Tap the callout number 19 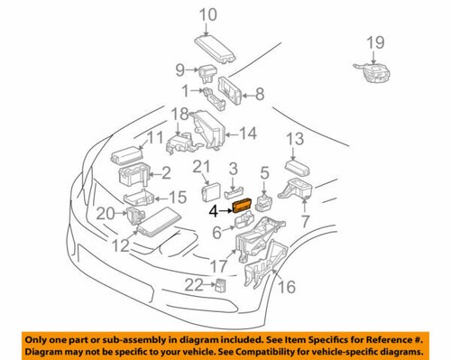pos(375,41)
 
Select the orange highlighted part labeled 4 pos(243,207)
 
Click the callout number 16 pos(288,287)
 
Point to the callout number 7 pos(305,219)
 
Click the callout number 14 pos(247,134)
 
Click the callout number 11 pos(153,137)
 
